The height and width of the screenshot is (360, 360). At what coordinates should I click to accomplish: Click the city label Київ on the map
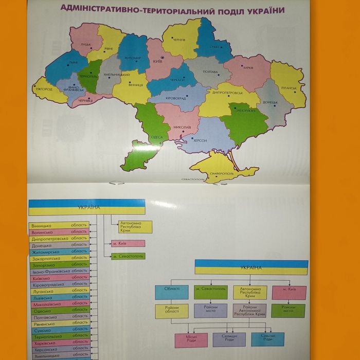pyautogui.click(x=158, y=62)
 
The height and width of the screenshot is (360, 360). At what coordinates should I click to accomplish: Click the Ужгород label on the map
pyautogui.click(x=44, y=89)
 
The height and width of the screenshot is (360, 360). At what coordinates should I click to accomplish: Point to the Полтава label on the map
pyautogui.click(x=210, y=72)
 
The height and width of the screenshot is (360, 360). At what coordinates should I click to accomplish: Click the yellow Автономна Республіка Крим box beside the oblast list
pyautogui.click(x=135, y=226)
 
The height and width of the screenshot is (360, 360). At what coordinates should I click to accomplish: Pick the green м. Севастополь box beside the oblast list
pyautogui.click(x=128, y=256)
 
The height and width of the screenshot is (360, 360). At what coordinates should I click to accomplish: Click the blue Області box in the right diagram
pyautogui.click(x=172, y=292)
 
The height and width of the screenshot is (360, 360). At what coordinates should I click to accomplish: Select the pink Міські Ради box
pyautogui.click(x=191, y=340)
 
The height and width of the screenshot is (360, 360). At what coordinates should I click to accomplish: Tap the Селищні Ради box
pyautogui.click(x=229, y=339)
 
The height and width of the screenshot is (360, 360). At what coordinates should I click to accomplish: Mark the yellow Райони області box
pyautogui.click(x=172, y=311)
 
